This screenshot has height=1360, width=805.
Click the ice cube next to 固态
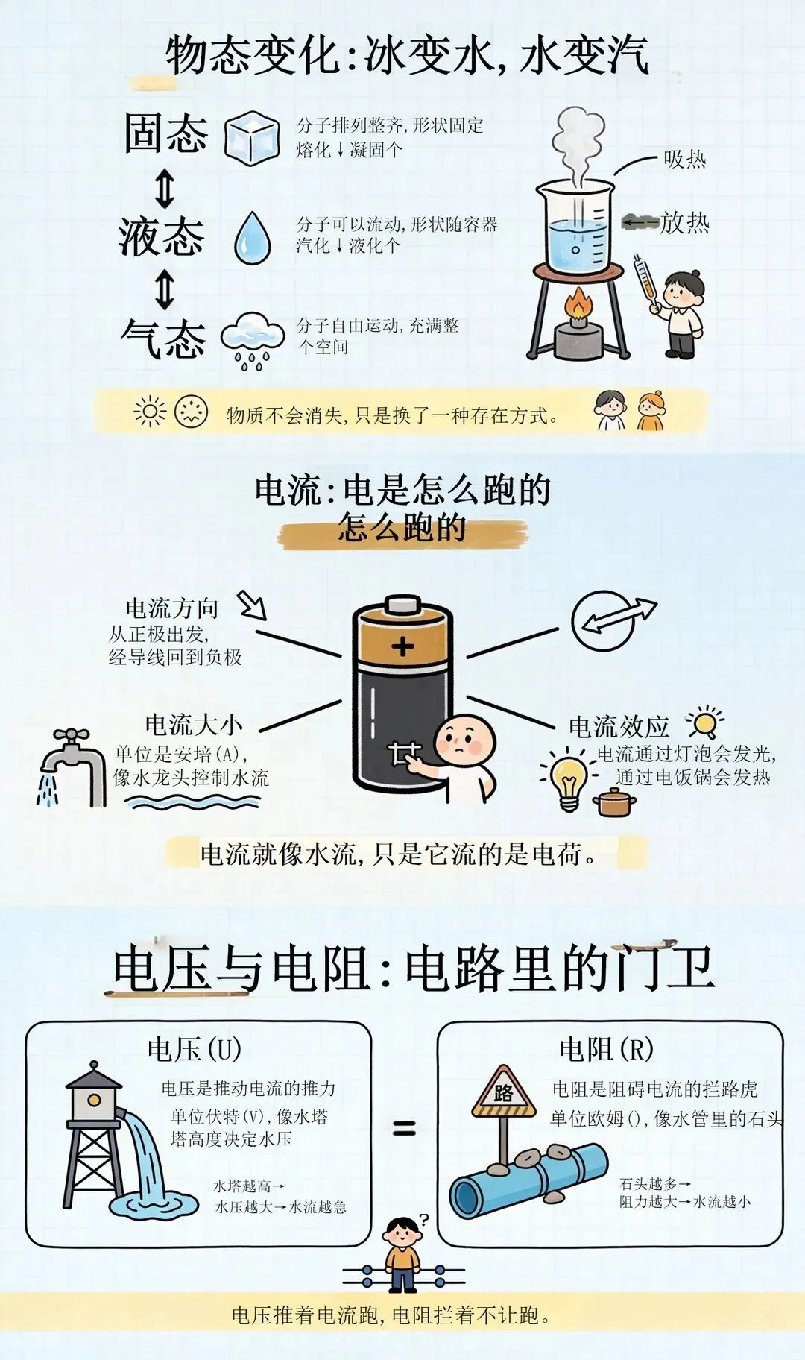click(253, 138)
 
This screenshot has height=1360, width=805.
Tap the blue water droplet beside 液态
click(253, 238)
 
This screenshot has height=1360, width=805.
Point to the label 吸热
click(684, 159)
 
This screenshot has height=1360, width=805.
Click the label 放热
click(684, 222)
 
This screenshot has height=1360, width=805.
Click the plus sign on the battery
click(403, 646)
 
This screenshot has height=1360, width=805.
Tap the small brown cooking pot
click(614, 802)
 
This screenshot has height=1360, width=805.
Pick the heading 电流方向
click(172, 608)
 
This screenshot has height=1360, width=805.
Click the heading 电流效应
click(619, 726)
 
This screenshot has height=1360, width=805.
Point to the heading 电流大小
click(194, 724)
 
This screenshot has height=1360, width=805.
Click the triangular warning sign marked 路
click(504, 1091)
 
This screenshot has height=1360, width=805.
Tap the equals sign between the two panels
click(405, 1128)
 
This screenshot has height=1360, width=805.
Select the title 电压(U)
click(195, 1049)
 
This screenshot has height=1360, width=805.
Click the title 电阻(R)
click(607, 1049)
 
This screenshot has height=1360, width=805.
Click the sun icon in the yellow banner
click(150, 412)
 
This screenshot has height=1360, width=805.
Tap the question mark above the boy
click(424, 1221)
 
